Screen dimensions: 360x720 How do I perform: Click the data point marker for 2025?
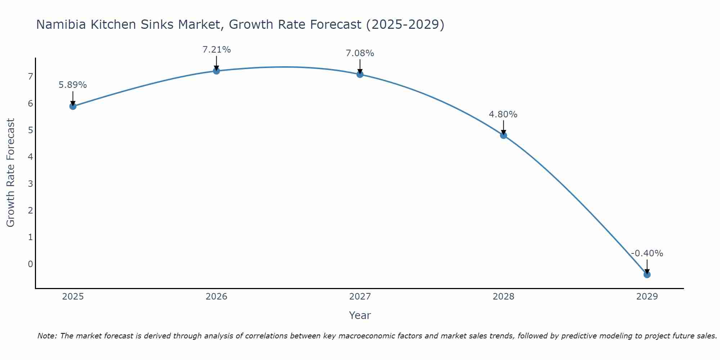[x=73, y=106]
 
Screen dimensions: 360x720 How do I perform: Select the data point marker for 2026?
[x=216, y=71]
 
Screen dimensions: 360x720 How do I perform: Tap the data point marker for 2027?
[x=360, y=75]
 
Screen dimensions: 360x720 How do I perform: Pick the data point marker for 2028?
[x=504, y=135]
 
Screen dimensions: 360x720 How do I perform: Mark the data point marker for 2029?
[x=647, y=275]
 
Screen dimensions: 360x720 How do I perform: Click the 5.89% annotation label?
[x=73, y=85]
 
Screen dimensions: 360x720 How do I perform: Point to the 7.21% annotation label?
[x=216, y=50]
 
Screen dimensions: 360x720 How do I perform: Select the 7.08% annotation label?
[x=360, y=53]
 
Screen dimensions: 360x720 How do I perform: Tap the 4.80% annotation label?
[x=503, y=114]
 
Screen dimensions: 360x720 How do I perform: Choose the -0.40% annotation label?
[x=647, y=253]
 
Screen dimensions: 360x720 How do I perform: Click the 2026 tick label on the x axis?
[x=216, y=297]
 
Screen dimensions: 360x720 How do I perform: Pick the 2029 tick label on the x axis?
[x=647, y=297]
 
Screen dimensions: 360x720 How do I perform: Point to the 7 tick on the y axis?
[x=30, y=76]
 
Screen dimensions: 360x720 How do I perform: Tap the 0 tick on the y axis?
[x=30, y=264]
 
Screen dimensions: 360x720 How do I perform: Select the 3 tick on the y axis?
[x=30, y=184]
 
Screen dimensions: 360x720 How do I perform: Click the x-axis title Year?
[x=360, y=315]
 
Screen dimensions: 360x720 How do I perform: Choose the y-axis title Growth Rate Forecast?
[x=11, y=173]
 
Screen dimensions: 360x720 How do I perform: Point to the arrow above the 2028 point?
[x=504, y=127]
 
